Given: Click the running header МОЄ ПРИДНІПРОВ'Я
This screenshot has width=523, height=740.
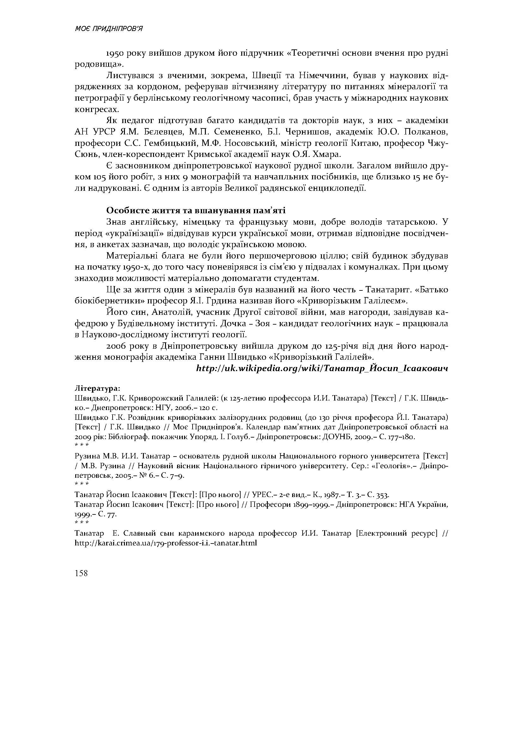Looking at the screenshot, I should pos(108,29).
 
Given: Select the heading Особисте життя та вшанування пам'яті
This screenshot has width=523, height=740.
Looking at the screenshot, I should pos(196,211).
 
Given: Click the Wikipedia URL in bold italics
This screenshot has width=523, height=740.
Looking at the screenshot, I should pos(322,368).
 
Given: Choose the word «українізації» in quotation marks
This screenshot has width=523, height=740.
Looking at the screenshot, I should pos(132,233).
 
